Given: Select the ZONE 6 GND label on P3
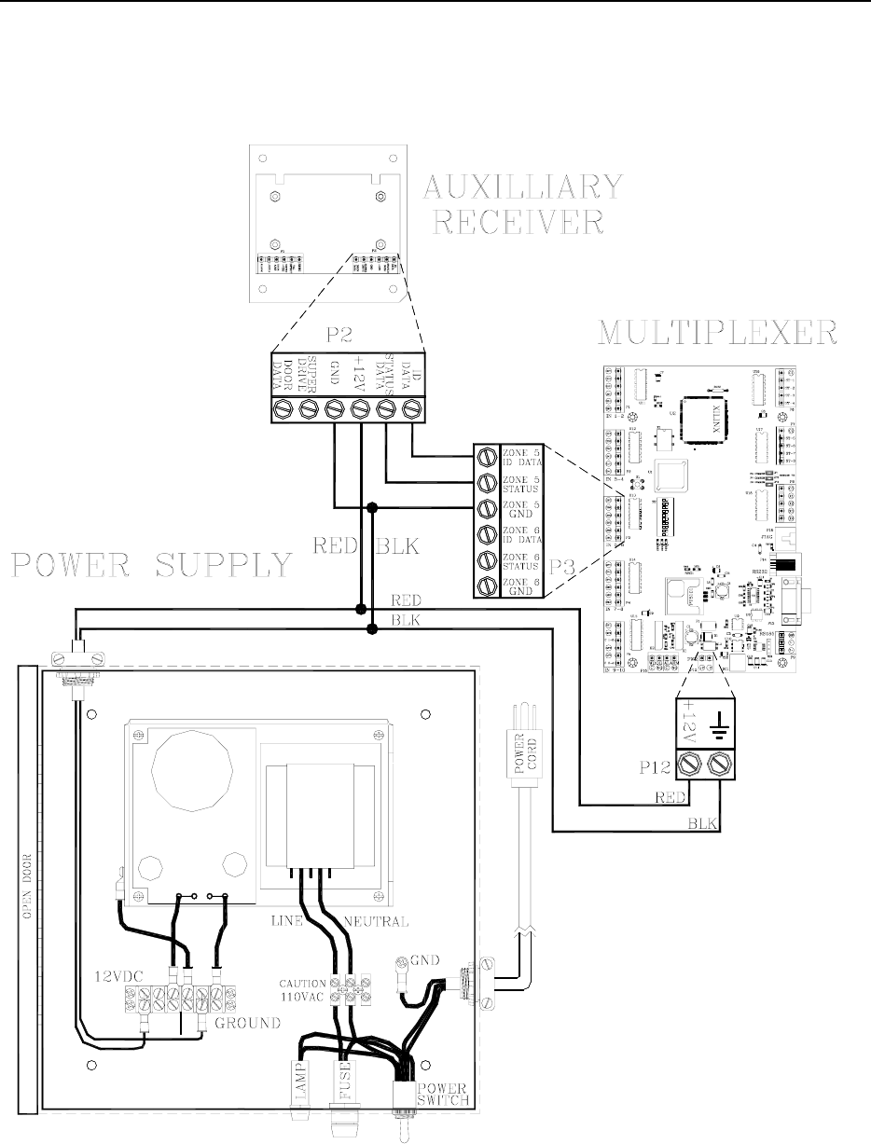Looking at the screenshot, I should point(519,586).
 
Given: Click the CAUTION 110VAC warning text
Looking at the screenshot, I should point(302,989).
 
